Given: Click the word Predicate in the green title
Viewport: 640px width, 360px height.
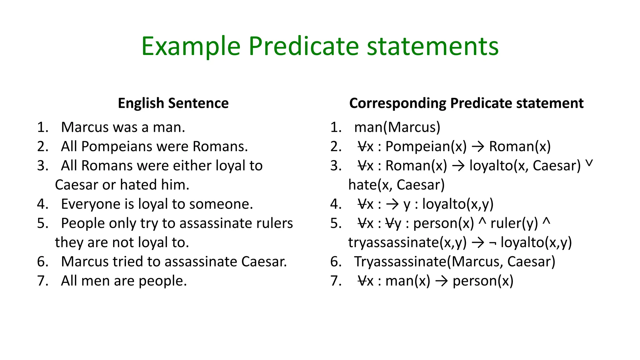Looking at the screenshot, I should [303, 46].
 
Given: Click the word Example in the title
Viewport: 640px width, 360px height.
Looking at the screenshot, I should [191, 46].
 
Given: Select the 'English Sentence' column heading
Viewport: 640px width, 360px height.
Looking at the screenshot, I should [173, 103].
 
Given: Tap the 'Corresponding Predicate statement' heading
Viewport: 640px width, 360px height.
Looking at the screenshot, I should [466, 103].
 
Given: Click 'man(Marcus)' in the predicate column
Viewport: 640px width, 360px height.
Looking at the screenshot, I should [397, 127].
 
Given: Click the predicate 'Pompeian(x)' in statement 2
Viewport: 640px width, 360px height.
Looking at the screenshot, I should [426, 146].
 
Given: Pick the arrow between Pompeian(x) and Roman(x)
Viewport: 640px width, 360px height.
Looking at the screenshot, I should [478, 147].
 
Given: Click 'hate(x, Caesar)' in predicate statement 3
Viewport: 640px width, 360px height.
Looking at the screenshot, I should [396, 185].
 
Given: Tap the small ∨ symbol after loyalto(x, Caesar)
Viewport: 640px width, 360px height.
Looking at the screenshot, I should [589, 163].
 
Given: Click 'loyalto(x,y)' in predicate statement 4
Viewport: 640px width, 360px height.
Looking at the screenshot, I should [458, 204].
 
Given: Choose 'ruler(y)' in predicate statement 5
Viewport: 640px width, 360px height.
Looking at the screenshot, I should [514, 223].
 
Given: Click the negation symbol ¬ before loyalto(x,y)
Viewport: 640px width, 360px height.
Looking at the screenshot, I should [493, 243].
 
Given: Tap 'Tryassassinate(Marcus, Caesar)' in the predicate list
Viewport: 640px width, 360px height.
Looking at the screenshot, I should [455, 262].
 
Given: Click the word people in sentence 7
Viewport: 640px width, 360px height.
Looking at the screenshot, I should [162, 281].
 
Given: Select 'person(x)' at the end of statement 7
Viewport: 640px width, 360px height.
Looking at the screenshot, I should [483, 281].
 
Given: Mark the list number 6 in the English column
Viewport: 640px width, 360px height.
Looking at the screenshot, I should [42, 262].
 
